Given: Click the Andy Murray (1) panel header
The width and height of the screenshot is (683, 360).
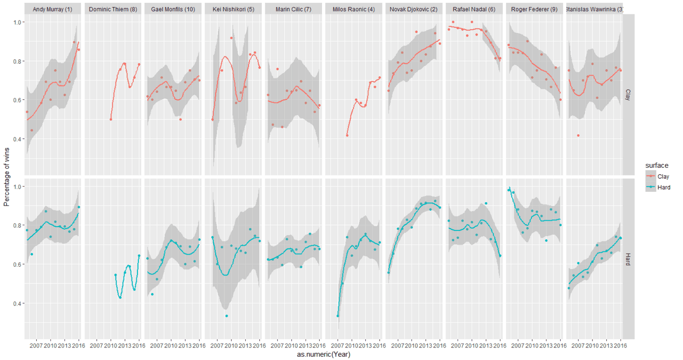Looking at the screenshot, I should (x=53, y=9).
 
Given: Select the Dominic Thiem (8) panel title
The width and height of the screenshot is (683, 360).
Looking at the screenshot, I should (x=113, y=9).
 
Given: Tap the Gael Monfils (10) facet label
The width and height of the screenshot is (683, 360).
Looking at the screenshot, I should (x=173, y=9).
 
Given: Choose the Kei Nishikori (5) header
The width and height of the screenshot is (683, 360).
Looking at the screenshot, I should (x=233, y=9).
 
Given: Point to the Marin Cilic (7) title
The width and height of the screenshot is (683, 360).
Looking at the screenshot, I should (x=294, y=9).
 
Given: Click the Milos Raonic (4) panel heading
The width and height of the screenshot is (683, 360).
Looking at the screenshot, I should (x=354, y=9).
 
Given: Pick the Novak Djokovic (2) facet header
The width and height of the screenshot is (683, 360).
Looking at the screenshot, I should (x=414, y=9).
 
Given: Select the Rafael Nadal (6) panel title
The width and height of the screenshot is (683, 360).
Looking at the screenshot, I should (x=474, y=9).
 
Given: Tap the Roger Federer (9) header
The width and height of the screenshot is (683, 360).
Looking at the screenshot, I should (x=534, y=9).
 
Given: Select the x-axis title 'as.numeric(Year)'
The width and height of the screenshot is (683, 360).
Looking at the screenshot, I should (x=323, y=355).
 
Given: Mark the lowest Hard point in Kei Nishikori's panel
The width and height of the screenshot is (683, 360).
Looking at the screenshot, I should (x=227, y=316).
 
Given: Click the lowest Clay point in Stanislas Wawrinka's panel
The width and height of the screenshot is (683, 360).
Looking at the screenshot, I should (x=578, y=135).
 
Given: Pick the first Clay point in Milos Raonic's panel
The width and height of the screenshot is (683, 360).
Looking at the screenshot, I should (x=347, y=135).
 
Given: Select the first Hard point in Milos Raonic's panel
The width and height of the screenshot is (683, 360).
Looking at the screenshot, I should (x=338, y=316).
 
